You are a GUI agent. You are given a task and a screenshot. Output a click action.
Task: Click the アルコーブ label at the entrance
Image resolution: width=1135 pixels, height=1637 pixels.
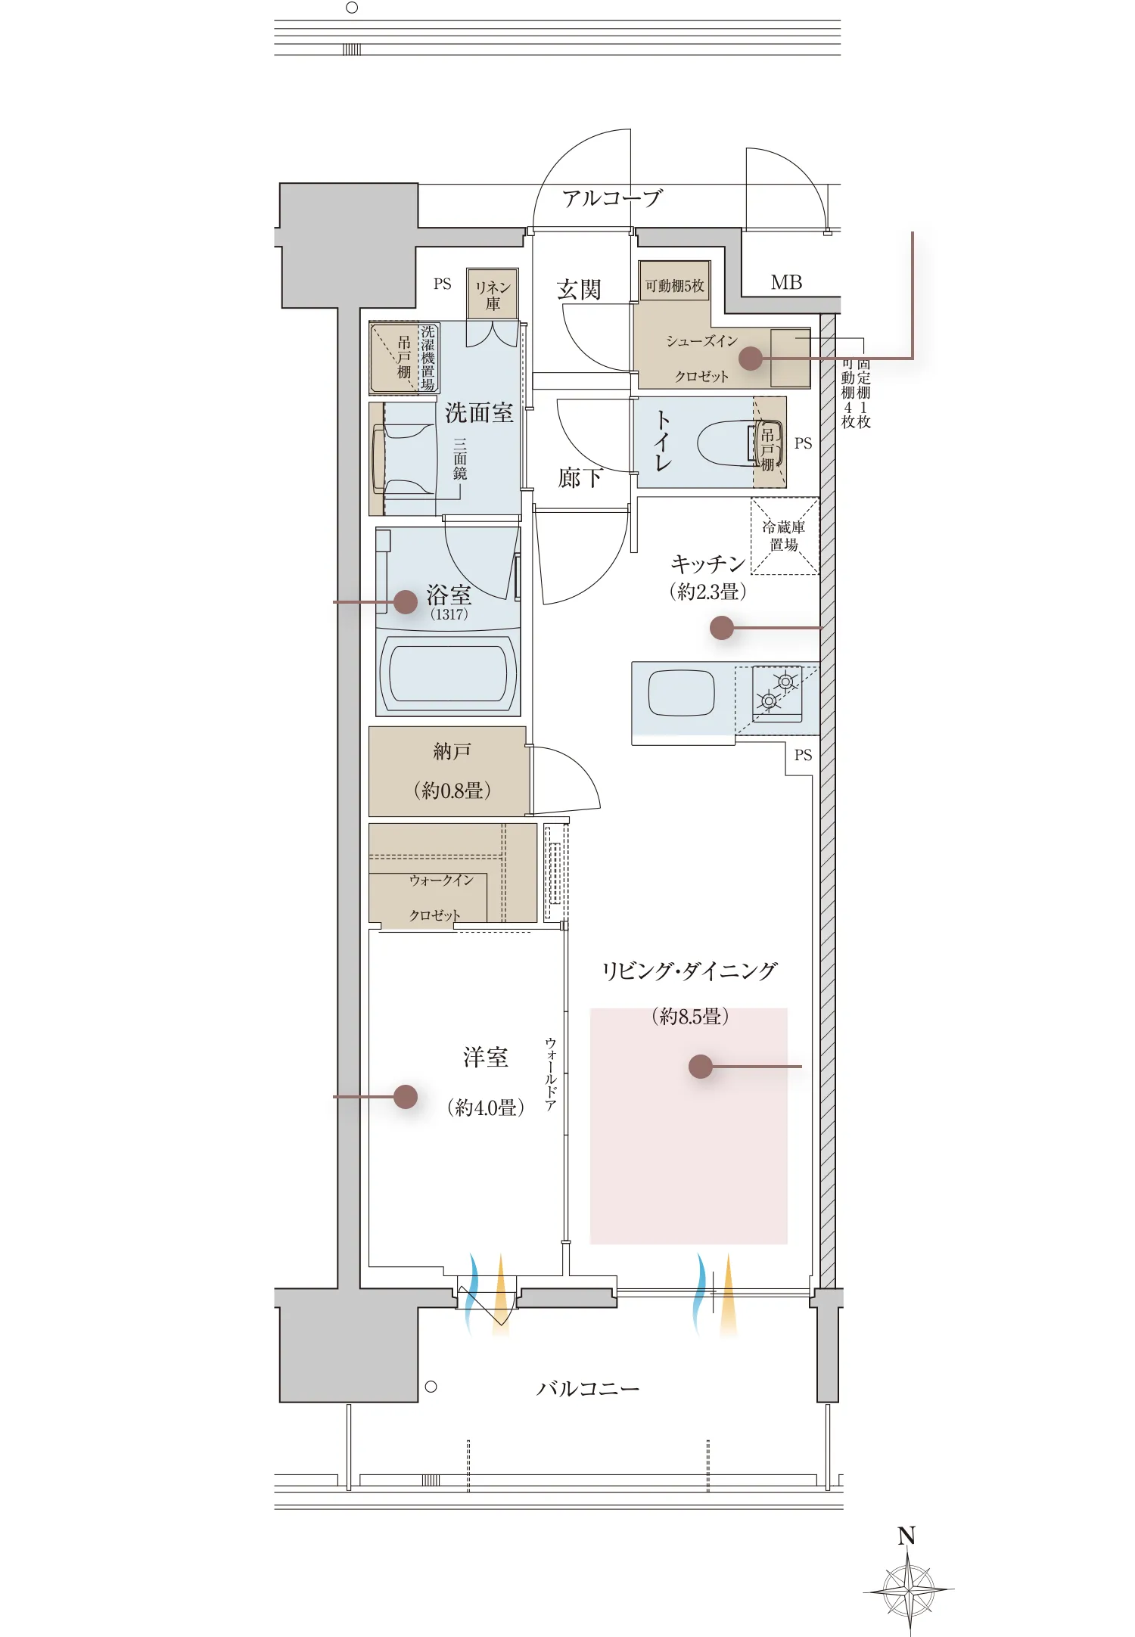click(x=611, y=198)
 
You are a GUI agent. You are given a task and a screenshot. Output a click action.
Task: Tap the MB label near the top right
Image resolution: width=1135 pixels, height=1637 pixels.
click(x=786, y=283)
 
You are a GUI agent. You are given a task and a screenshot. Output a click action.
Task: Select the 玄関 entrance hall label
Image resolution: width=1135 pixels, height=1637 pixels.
click(x=579, y=290)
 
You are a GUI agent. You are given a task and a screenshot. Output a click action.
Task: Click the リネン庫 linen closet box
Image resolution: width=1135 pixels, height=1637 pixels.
click(x=493, y=294)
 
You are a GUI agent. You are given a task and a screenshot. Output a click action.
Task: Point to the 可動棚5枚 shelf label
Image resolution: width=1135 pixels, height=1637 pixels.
click(x=674, y=286)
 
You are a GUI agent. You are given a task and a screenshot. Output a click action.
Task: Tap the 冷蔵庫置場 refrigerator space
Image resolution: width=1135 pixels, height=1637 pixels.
click(x=784, y=536)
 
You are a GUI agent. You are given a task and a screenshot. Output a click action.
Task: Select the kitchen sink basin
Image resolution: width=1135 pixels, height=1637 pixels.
click(x=681, y=693)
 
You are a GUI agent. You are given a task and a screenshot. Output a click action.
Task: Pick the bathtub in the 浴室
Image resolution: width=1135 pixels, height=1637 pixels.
click(x=448, y=673)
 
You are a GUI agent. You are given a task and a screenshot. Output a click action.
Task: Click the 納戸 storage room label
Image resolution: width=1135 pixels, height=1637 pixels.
click(x=452, y=751)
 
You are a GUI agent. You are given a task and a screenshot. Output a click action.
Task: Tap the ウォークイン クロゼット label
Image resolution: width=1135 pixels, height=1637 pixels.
click(x=440, y=897)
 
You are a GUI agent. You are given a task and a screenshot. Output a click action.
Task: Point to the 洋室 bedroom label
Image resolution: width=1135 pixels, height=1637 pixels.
click(x=485, y=1057)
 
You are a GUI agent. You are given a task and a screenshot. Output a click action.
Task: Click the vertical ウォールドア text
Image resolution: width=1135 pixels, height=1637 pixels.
click(x=550, y=1074)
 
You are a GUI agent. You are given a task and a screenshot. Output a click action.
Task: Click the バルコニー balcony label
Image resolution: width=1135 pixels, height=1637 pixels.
click(x=587, y=1389)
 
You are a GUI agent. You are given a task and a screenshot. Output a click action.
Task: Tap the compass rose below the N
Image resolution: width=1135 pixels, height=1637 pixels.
click(x=909, y=1591)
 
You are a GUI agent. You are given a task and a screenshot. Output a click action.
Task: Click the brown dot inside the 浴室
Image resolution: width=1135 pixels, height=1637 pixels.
click(x=406, y=601)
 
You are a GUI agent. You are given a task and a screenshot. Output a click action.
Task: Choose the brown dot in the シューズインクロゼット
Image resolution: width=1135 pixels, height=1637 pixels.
click(x=750, y=359)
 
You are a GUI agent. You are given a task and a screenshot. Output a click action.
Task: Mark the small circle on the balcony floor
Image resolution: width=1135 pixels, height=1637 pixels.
click(x=431, y=1387)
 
